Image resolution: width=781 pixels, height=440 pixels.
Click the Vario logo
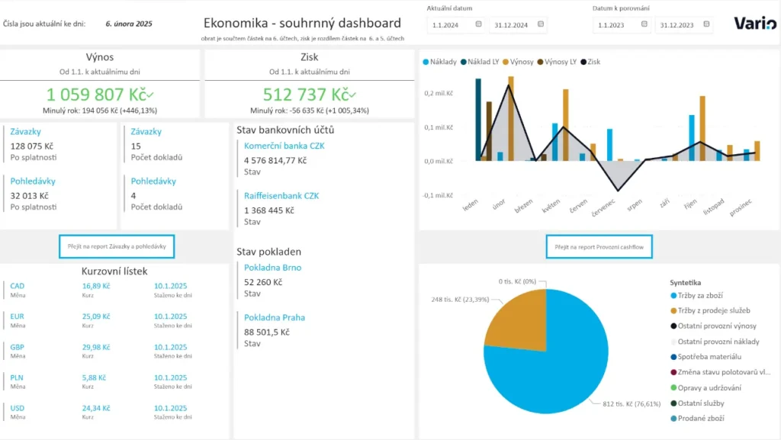(755, 24)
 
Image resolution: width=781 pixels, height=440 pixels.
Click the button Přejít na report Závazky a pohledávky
(117, 246)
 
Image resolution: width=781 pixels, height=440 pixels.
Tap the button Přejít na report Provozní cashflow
(599, 246)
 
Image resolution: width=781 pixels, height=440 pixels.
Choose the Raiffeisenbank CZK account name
(281, 195)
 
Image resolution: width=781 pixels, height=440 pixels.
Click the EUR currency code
(18, 316)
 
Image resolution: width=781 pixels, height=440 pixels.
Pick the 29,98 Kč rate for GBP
(97, 346)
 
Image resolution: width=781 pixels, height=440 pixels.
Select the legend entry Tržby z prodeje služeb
(715, 311)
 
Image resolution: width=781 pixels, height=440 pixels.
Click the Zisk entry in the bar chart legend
(590, 62)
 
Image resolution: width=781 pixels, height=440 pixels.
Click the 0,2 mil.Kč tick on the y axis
(440, 93)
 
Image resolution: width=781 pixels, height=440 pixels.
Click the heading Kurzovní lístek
(114, 271)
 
